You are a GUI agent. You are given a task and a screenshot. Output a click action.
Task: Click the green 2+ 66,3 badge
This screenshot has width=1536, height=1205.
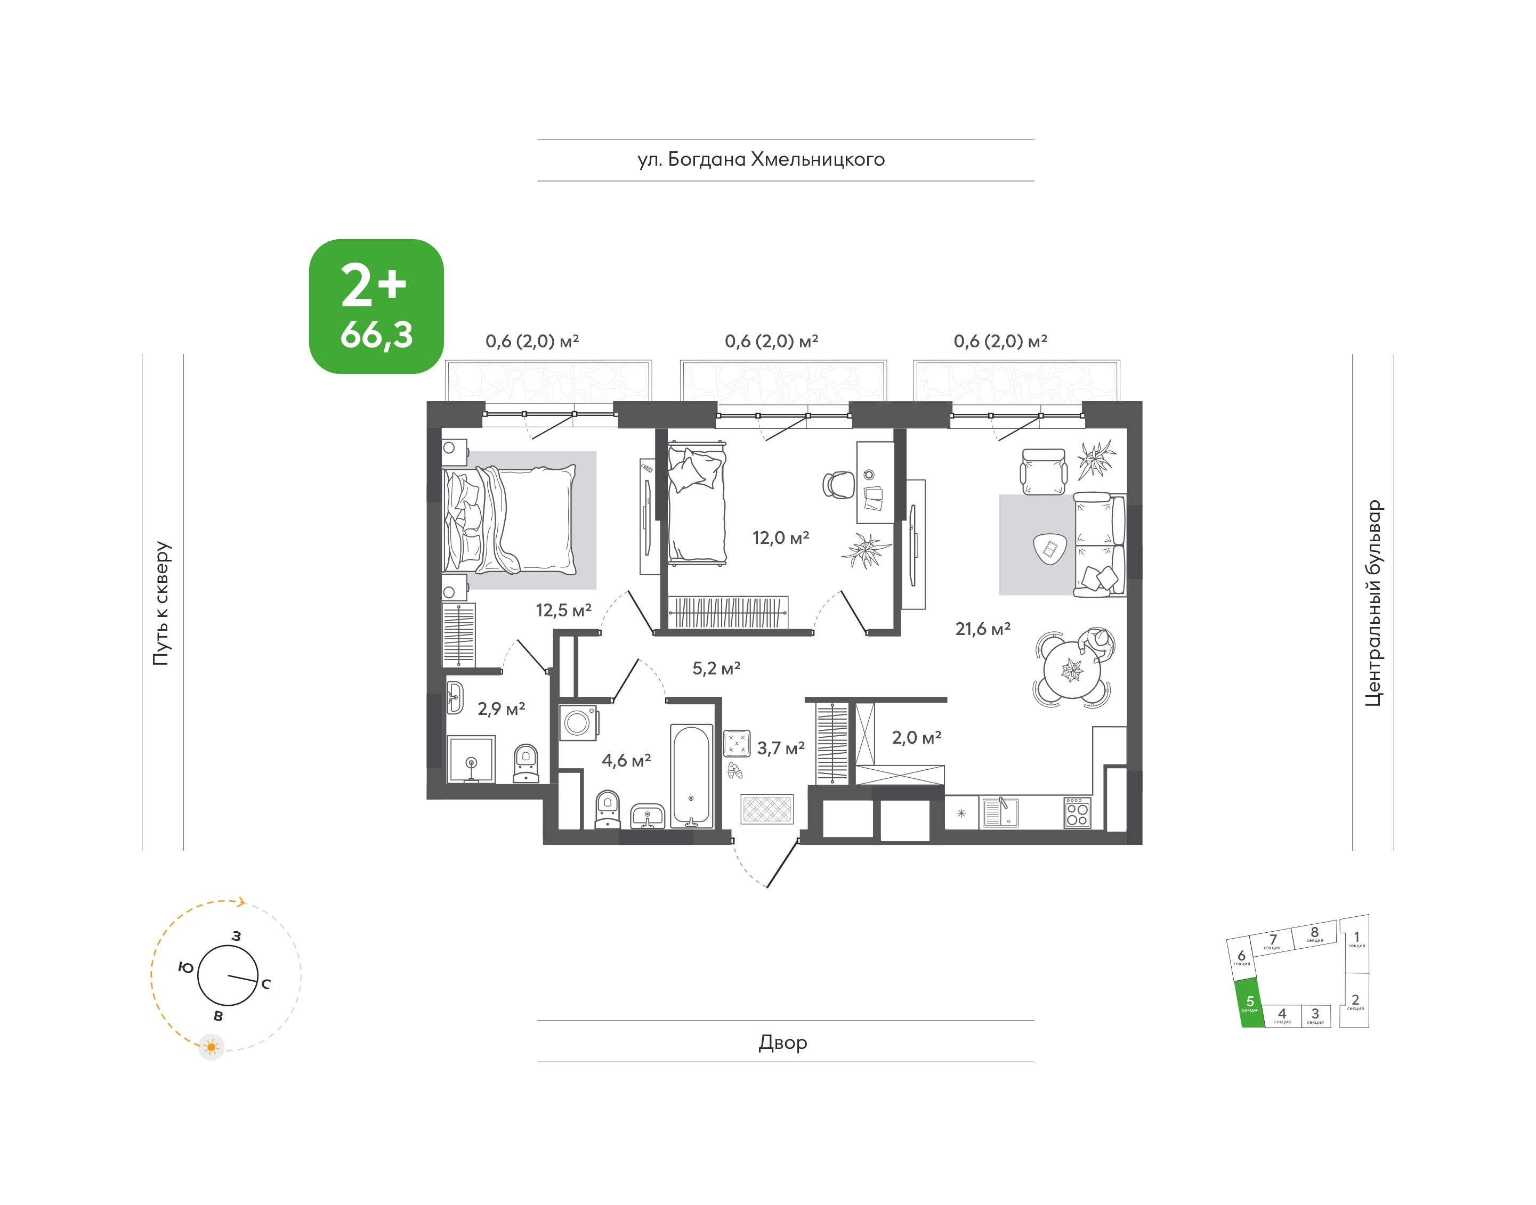(376, 306)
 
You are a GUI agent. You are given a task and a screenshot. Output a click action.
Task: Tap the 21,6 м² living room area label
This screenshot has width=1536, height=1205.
(983, 629)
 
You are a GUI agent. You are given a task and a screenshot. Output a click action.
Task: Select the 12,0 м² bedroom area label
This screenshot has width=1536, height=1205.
(781, 538)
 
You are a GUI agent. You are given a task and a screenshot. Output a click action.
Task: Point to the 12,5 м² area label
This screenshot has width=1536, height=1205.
(563, 610)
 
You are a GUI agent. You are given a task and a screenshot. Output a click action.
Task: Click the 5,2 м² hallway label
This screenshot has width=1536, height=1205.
(716, 668)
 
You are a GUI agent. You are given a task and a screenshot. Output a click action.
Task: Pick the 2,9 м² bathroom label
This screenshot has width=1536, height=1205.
(501, 709)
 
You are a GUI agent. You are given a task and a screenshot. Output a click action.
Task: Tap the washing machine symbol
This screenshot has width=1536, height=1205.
(579, 722)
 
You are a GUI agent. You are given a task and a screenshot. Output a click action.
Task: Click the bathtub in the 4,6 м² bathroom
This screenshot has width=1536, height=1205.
(691, 776)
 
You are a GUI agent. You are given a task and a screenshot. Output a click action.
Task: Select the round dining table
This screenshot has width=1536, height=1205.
(1072, 669)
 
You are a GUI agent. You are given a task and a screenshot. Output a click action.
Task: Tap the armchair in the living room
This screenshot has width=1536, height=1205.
(1044, 472)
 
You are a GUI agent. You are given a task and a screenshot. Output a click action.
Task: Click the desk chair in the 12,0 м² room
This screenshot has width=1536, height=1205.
(838, 485)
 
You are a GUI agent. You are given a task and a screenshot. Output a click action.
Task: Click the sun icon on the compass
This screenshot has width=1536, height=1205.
(211, 1047)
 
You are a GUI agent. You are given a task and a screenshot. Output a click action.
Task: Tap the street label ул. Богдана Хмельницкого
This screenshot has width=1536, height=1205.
(761, 160)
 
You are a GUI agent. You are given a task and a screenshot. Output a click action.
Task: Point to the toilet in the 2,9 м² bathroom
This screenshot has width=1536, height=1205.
(525, 763)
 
